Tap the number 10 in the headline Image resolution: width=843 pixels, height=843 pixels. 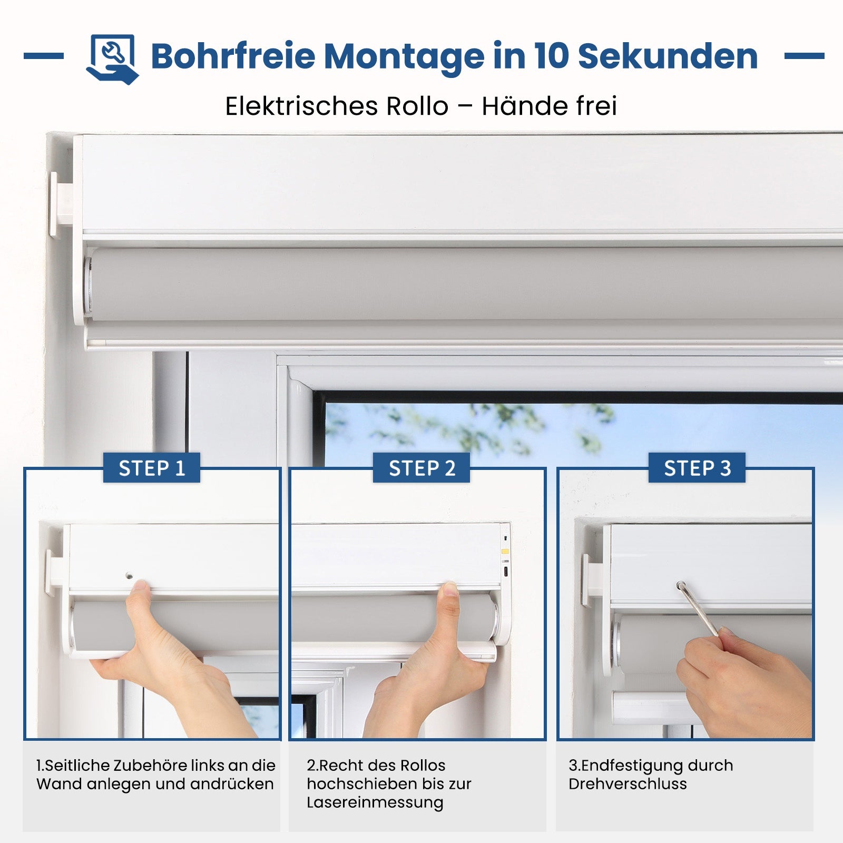tap(552, 56)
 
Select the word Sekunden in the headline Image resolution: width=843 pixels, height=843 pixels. tap(668, 56)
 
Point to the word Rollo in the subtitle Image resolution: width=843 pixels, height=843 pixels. tap(417, 106)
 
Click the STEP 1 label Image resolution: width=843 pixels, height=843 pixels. tap(152, 468)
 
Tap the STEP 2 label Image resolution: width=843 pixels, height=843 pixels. tap(421, 468)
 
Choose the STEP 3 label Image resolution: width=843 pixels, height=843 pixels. tap(697, 468)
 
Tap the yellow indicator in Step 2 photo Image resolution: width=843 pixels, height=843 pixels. tap(505, 552)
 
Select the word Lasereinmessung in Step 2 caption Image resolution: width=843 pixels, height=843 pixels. tap(375, 802)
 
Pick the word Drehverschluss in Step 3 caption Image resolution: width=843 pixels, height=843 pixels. tap(628, 784)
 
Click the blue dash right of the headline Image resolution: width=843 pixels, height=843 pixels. tap(804, 56)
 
